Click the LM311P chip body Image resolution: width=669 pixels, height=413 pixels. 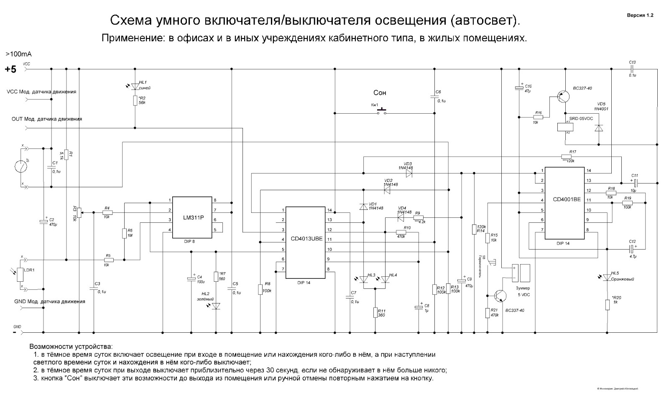[193, 218]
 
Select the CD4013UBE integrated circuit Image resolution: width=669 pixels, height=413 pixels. [306, 242]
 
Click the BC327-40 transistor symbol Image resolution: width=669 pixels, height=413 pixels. [564, 97]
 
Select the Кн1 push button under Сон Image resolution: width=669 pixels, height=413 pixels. [382, 112]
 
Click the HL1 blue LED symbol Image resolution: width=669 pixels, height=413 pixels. [135, 86]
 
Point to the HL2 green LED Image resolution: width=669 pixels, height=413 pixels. [216, 306]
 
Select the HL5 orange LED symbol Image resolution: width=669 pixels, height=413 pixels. [608, 277]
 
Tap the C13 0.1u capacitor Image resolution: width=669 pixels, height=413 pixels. [633, 67]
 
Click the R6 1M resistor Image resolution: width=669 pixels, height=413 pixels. [124, 233]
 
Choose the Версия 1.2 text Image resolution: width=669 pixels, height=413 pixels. [640, 15]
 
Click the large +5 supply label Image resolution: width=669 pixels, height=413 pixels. [10, 69]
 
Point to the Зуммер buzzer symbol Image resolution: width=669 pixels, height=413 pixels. [521, 273]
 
